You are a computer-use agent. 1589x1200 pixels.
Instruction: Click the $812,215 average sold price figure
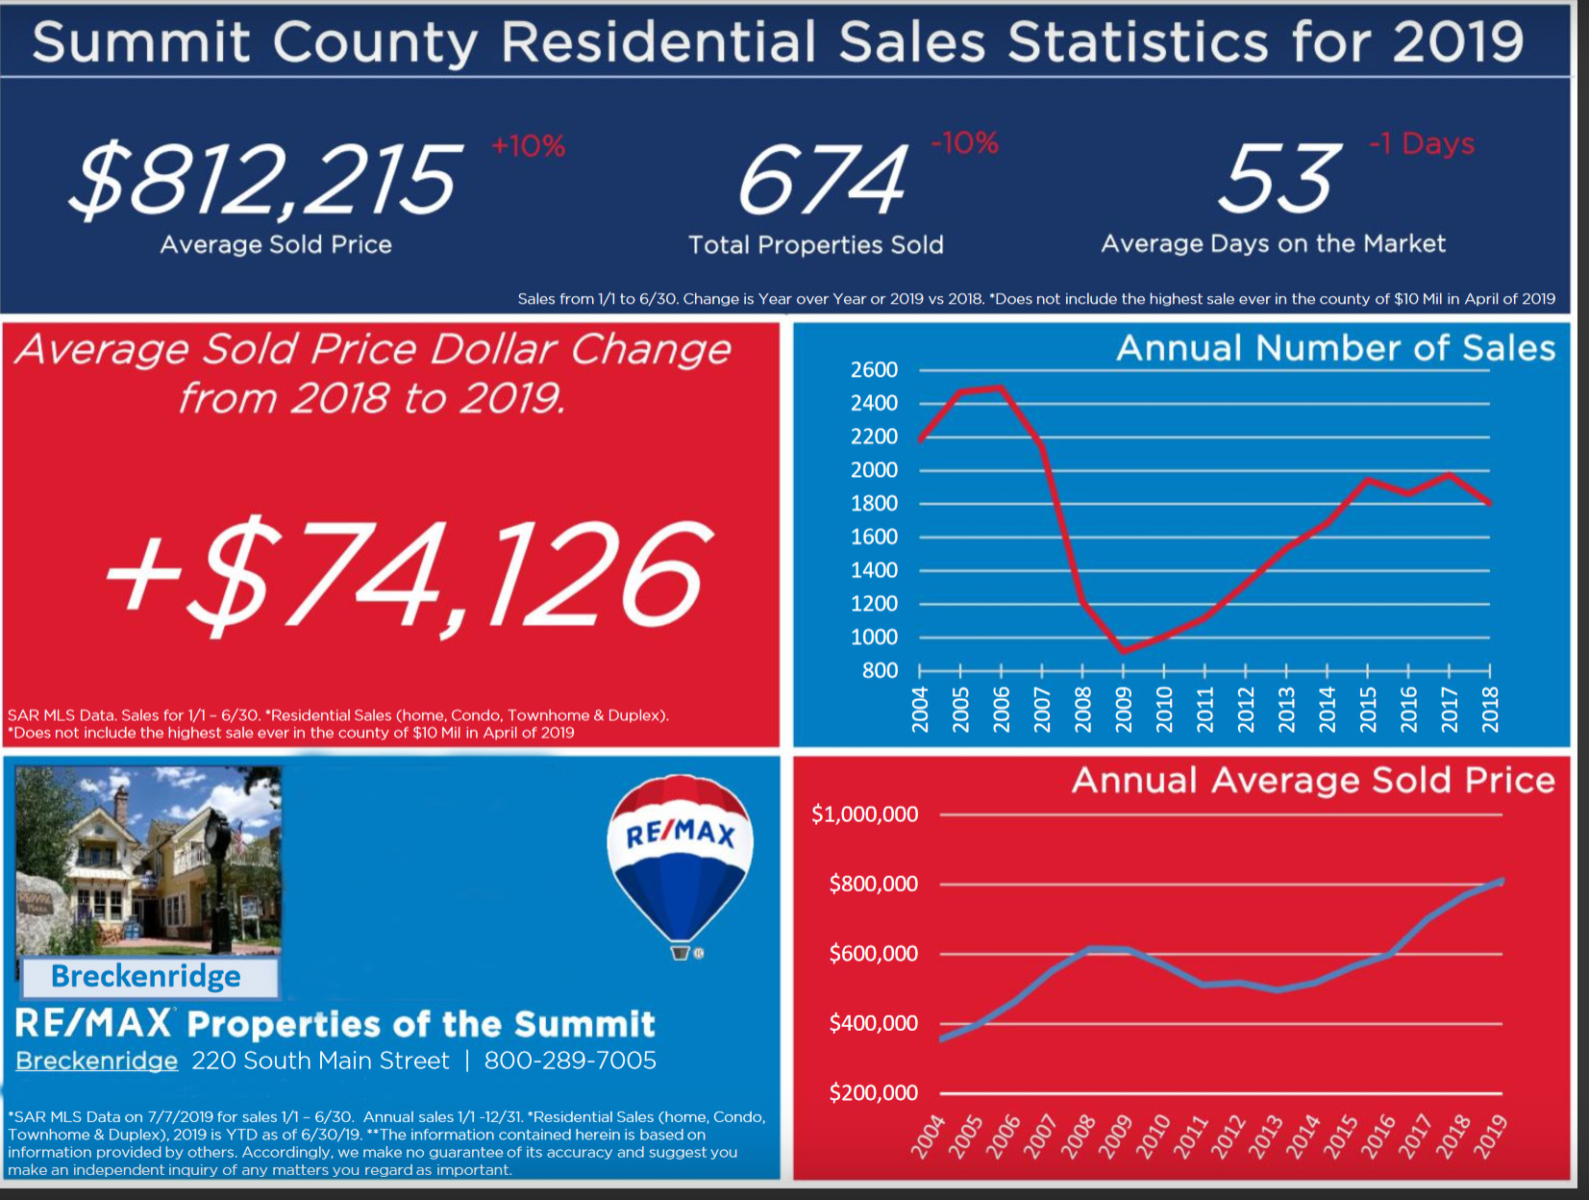click(265, 180)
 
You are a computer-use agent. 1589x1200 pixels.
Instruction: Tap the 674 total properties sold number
click(822, 180)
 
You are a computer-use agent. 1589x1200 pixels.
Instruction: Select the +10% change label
click(528, 146)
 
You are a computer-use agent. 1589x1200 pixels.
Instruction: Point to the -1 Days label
click(1421, 143)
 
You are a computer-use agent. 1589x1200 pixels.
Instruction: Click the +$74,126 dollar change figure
click(409, 574)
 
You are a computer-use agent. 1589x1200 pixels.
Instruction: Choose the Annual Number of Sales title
click(1335, 348)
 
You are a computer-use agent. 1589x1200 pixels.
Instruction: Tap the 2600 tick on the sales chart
click(874, 370)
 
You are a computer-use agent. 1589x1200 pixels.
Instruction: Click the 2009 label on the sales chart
click(1123, 709)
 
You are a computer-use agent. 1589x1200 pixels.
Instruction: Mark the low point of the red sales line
click(1124, 651)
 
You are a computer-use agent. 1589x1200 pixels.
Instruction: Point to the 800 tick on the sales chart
click(880, 670)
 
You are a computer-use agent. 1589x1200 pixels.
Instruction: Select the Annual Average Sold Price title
click(1313, 780)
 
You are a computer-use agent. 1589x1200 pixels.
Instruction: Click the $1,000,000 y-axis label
click(864, 814)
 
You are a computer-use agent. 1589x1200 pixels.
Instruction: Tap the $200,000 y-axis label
click(873, 1092)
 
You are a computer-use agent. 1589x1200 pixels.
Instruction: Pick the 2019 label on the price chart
click(1491, 1136)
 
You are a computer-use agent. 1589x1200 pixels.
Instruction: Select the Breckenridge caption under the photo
click(146, 977)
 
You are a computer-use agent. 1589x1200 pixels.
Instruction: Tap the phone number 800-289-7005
click(570, 1061)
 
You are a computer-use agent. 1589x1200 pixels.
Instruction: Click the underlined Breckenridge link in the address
click(97, 1061)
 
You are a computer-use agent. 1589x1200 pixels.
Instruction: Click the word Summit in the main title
click(141, 42)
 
